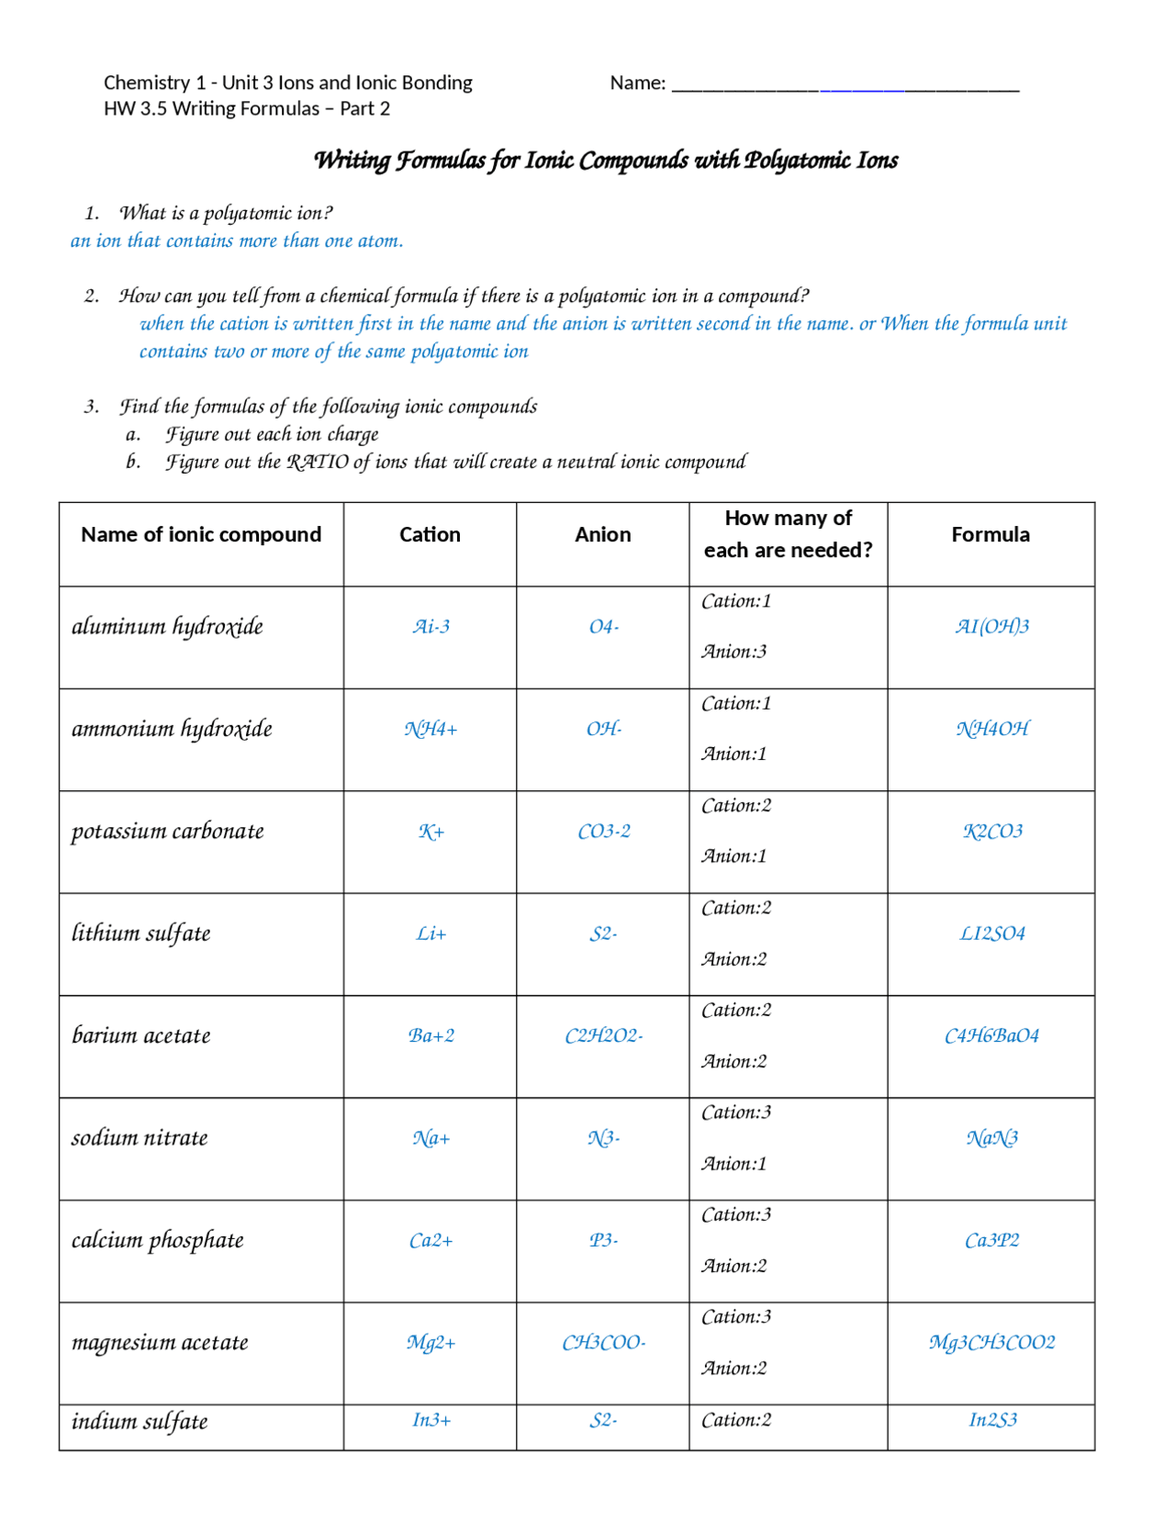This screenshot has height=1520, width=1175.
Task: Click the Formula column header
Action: coord(990,534)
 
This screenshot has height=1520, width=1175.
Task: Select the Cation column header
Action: coord(430,534)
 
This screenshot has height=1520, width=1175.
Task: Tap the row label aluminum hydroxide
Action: coord(167,627)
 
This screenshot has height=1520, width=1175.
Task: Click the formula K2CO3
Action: coord(992,832)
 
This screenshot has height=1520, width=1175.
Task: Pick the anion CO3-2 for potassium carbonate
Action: coord(603,832)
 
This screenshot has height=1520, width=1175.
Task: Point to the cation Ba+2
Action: coord(431,1036)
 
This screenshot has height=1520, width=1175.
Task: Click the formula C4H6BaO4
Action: coord(991,1036)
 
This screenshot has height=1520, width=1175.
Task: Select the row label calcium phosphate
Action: coord(158,1241)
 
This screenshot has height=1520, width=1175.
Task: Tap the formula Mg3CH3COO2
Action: coord(991,1343)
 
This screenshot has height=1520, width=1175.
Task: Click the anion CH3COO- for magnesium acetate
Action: coord(603,1343)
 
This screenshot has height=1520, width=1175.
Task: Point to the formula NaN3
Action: coord(991,1138)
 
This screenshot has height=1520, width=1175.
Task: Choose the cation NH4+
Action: coord(431,730)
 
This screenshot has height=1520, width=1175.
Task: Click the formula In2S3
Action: coord(992,1420)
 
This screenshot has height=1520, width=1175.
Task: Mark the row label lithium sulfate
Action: coord(141,933)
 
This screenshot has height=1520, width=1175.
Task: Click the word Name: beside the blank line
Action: coord(637,84)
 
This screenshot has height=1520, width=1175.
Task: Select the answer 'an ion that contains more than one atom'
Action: coord(237,241)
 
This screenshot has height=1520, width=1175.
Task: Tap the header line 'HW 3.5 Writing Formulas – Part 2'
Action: coord(247,109)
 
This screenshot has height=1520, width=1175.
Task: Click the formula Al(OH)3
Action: coord(991,627)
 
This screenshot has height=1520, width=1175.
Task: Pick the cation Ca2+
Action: coord(431,1241)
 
